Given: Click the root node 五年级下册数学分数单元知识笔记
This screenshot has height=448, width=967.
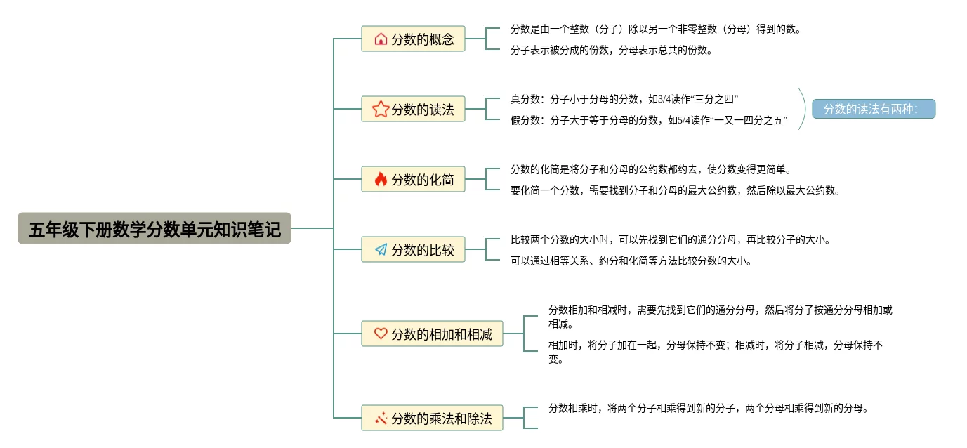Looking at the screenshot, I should [x=154, y=228].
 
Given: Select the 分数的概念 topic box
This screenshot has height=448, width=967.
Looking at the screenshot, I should [x=413, y=39].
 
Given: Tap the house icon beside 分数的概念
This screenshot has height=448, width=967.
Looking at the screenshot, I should [x=381, y=39].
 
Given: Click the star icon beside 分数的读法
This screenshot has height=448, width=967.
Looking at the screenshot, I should [x=381, y=109].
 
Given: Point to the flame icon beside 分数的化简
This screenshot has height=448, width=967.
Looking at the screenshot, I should [x=381, y=179].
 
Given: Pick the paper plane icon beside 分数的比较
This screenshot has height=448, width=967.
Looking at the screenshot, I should [x=381, y=249].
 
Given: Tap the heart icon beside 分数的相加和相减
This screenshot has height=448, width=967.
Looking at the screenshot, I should [x=381, y=334].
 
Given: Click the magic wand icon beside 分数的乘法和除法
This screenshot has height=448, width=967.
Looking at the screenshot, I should [x=381, y=418].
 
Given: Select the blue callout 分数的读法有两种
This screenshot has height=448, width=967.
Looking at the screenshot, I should [x=874, y=109].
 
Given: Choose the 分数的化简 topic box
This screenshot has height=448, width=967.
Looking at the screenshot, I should [x=413, y=179].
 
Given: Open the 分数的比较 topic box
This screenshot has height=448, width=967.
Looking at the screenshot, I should [x=413, y=249].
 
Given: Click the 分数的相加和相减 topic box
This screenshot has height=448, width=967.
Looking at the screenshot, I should [x=432, y=334].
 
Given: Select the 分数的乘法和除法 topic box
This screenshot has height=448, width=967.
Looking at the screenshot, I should [x=432, y=418].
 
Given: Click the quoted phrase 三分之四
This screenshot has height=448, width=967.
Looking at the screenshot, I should [x=716, y=99].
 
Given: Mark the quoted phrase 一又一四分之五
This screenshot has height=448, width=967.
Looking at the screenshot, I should [x=749, y=120].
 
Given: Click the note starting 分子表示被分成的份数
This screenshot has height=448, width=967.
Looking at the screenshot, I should [x=612, y=50].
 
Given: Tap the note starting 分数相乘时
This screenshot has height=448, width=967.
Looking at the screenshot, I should [x=708, y=408].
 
